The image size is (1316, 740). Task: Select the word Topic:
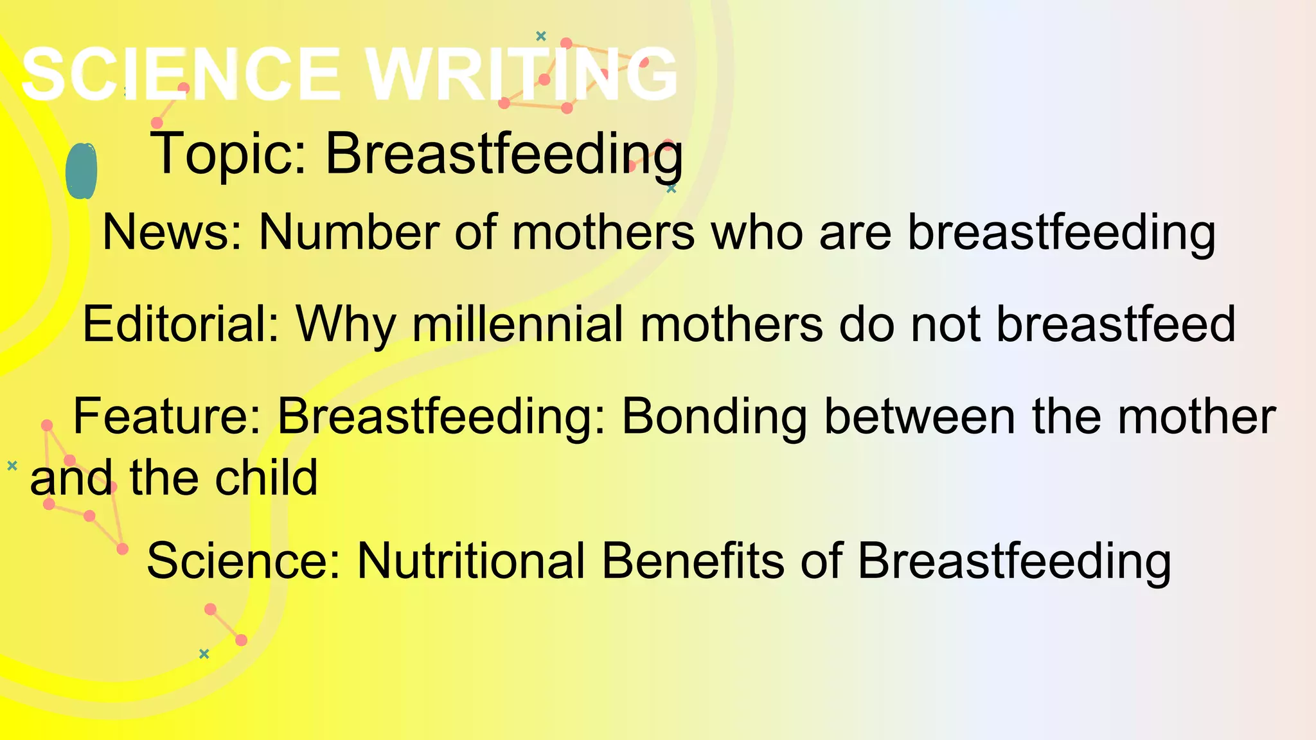229,154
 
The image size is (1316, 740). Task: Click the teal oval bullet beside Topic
82,171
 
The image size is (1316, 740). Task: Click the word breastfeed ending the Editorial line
1116,324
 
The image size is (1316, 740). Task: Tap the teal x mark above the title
541,36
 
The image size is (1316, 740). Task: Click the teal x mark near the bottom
204,654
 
